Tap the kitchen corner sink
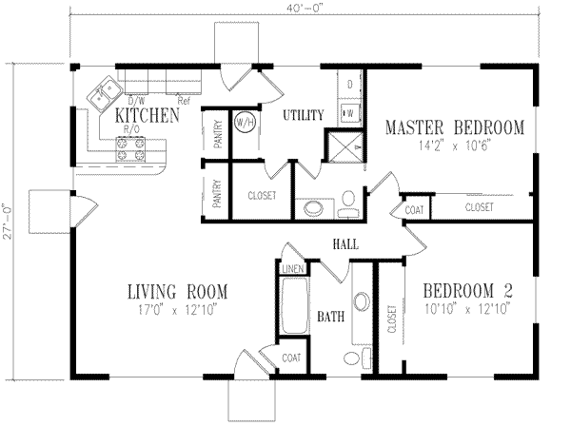[x=103, y=95]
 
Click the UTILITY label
[x=305, y=115]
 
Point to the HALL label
[x=345, y=244]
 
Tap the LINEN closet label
[x=293, y=270]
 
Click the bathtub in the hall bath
[x=293, y=305]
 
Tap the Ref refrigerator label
[x=183, y=99]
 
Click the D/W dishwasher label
[x=136, y=99]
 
